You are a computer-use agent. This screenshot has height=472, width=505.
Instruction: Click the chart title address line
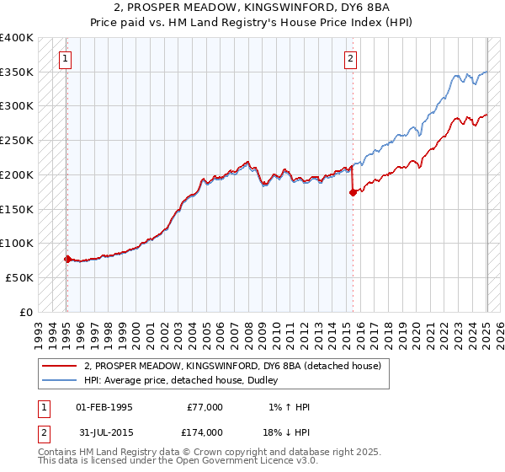click(252, 8)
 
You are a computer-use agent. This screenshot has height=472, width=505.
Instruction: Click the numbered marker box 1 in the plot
click(66, 59)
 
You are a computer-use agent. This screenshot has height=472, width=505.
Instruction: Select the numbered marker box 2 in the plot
click(350, 59)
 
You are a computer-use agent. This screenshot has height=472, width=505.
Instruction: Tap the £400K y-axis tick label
click(17, 38)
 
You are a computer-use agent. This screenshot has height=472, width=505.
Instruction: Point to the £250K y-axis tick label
click(17, 140)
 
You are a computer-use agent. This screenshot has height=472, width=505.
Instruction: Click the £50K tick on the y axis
click(20, 277)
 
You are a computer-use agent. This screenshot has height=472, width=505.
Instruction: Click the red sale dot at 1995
click(67, 259)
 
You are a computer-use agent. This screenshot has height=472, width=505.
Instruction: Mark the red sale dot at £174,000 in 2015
click(353, 193)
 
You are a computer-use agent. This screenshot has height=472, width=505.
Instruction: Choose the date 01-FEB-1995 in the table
click(104, 407)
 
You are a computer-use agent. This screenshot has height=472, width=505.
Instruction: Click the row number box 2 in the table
click(43, 432)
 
